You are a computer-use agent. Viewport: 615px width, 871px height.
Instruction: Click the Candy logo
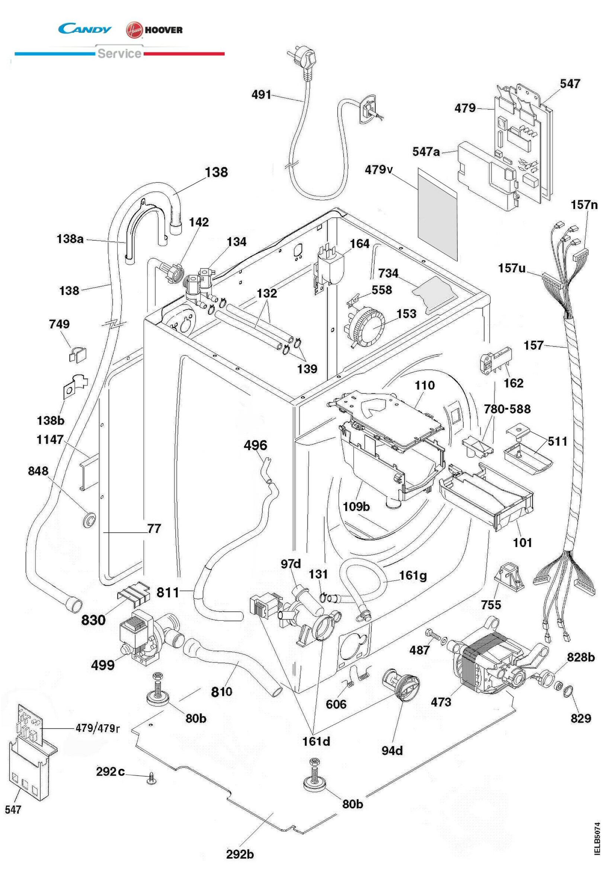(x=85, y=29)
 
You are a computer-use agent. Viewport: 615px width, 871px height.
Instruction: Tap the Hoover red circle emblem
(x=134, y=30)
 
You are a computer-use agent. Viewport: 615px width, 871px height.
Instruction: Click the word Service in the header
(x=119, y=54)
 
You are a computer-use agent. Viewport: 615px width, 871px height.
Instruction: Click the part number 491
(x=261, y=95)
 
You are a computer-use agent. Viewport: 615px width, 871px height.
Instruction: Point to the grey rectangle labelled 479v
(x=437, y=214)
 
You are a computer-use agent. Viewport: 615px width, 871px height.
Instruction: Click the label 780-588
(x=507, y=409)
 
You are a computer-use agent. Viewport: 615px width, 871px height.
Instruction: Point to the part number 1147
(x=49, y=440)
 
